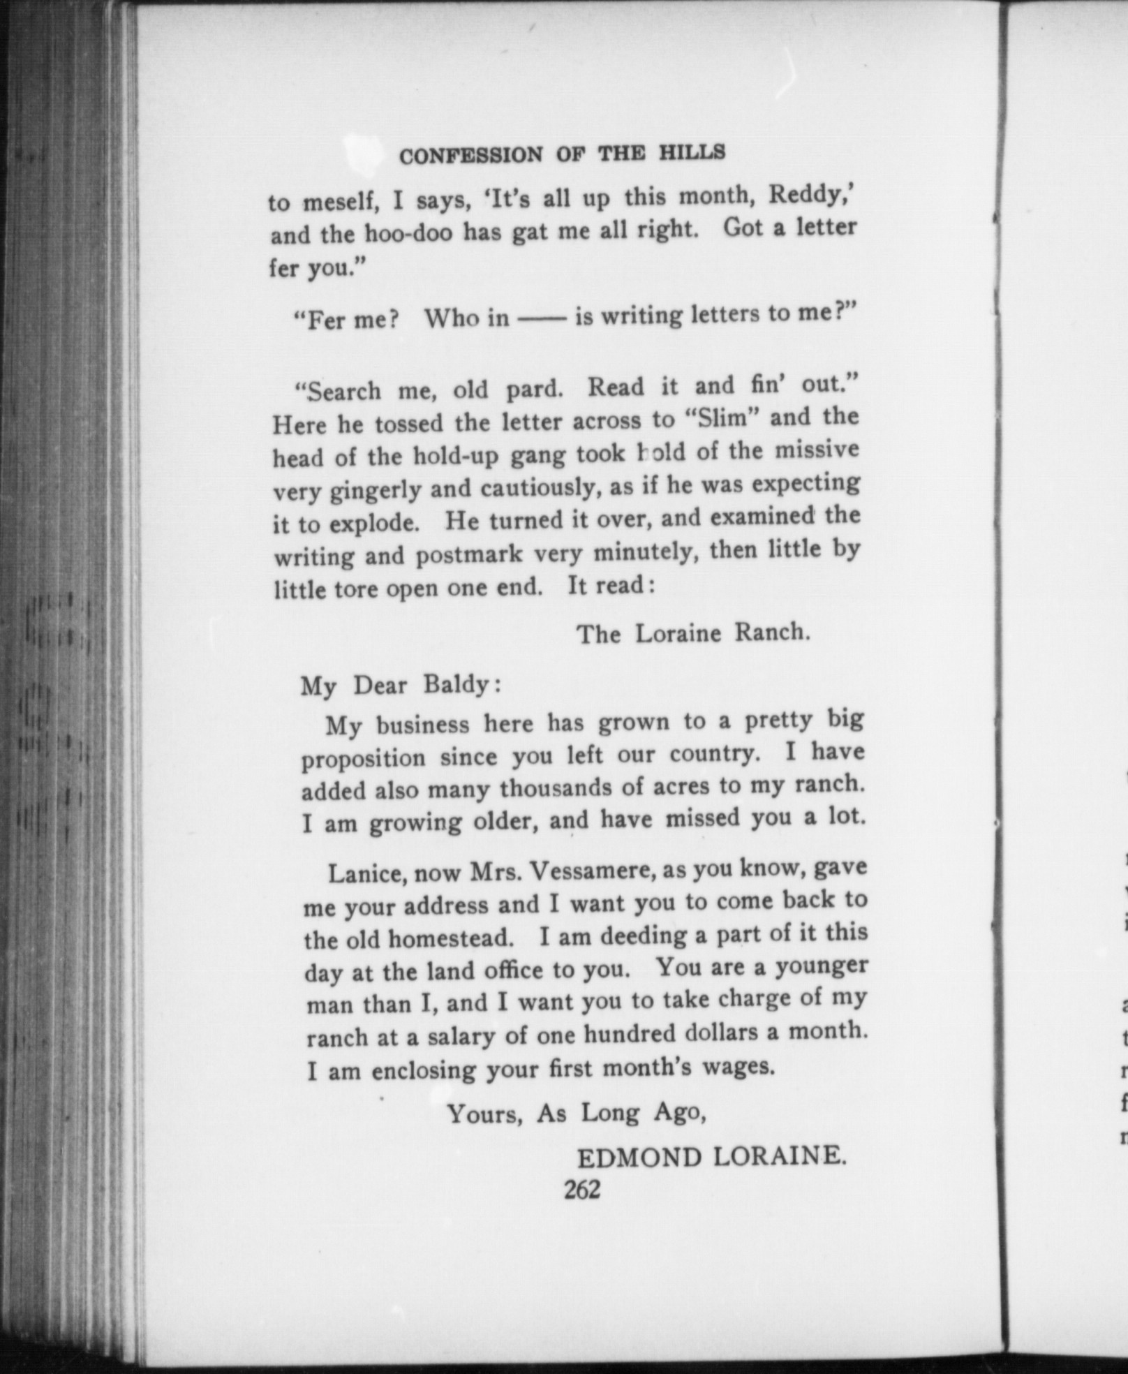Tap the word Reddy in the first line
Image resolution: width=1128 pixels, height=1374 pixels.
point(807,195)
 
